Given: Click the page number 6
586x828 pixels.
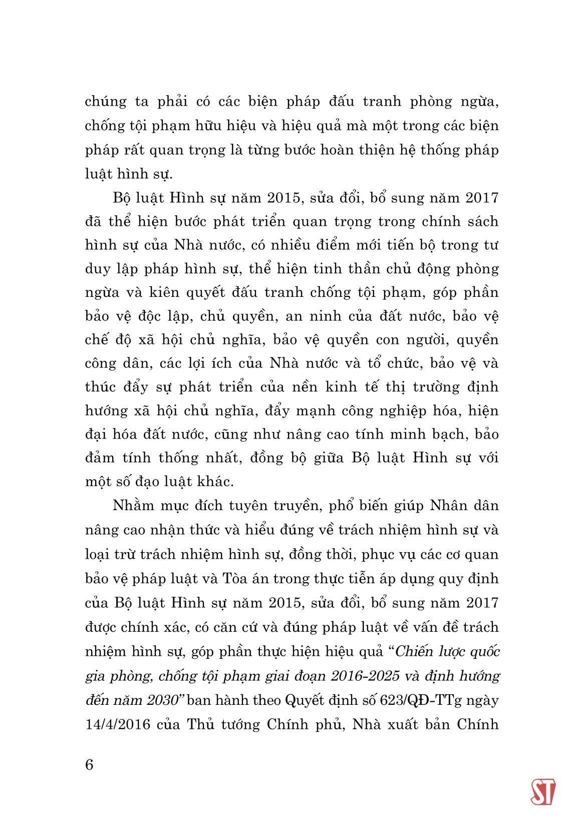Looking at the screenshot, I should (90, 765).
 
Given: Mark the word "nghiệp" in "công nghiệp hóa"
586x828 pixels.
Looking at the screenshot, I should (422, 411).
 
